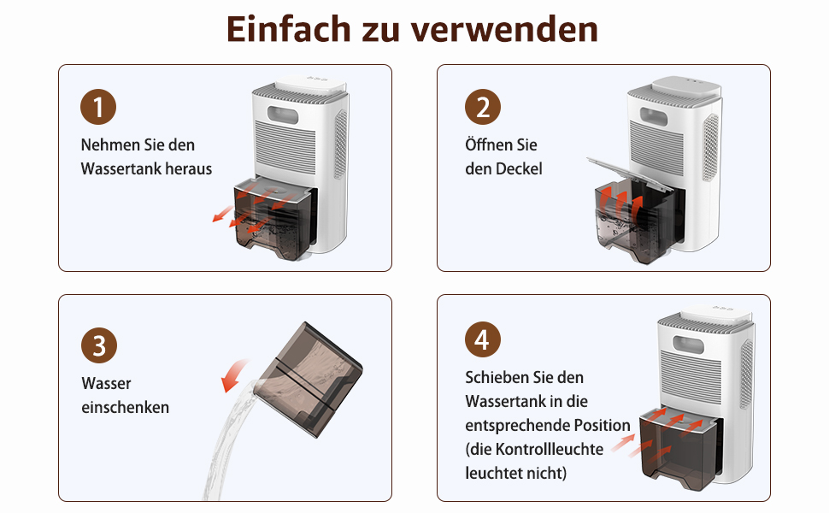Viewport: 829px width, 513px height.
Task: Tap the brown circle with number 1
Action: point(98,107)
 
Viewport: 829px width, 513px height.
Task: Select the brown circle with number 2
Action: point(483,107)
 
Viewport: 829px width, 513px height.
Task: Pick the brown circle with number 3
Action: point(99,345)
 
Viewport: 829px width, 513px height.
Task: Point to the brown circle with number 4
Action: point(483,339)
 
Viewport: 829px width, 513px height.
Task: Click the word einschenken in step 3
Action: point(126,407)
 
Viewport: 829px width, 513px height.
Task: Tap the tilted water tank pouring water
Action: point(309,380)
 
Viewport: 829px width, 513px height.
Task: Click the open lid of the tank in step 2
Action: point(630,173)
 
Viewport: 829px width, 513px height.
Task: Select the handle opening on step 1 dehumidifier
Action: point(283,114)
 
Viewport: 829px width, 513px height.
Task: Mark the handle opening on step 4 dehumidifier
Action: point(688,346)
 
